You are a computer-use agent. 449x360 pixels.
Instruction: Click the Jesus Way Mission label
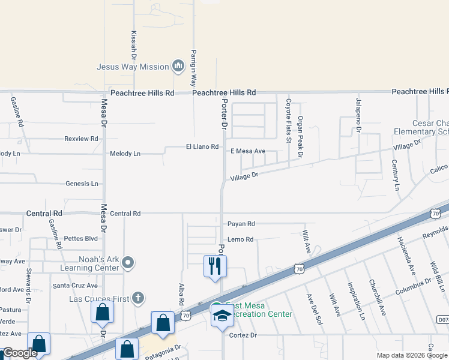coord(133,67)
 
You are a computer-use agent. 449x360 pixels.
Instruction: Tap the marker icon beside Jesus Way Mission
coord(178,65)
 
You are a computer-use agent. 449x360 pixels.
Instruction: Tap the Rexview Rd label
coord(81,139)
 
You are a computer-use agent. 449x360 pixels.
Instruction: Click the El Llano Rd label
coord(202,146)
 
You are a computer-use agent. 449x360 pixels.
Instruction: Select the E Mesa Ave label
coord(248,151)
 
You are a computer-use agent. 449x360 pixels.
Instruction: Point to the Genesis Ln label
coord(82,184)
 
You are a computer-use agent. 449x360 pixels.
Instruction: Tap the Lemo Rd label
coord(241,239)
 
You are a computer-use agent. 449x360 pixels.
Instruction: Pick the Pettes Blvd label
coord(80,238)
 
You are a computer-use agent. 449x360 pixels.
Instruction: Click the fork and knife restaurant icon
coord(215,265)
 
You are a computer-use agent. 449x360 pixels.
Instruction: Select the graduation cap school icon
coord(221,315)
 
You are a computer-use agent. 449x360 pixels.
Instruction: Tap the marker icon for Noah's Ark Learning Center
coord(128,262)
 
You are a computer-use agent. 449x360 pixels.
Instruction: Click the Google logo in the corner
coord(20,353)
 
